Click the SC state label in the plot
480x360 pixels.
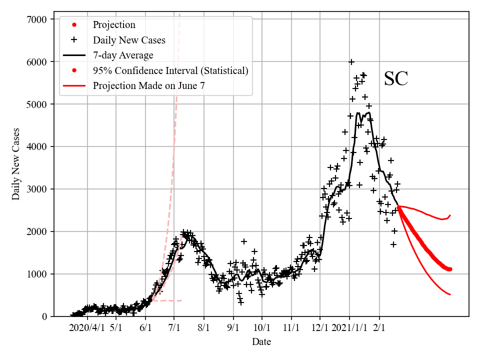(x=396, y=79)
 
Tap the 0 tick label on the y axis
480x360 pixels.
(x=44, y=316)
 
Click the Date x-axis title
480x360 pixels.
(x=261, y=342)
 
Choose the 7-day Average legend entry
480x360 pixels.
(x=123, y=55)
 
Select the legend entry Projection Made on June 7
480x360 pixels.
(x=148, y=86)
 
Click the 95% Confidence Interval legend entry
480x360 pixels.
(x=170, y=70)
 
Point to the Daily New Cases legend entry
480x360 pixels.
(x=129, y=39)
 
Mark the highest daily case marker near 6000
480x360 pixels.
(x=351, y=62)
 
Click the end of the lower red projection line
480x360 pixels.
(x=450, y=294)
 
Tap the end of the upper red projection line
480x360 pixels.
(x=450, y=215)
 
